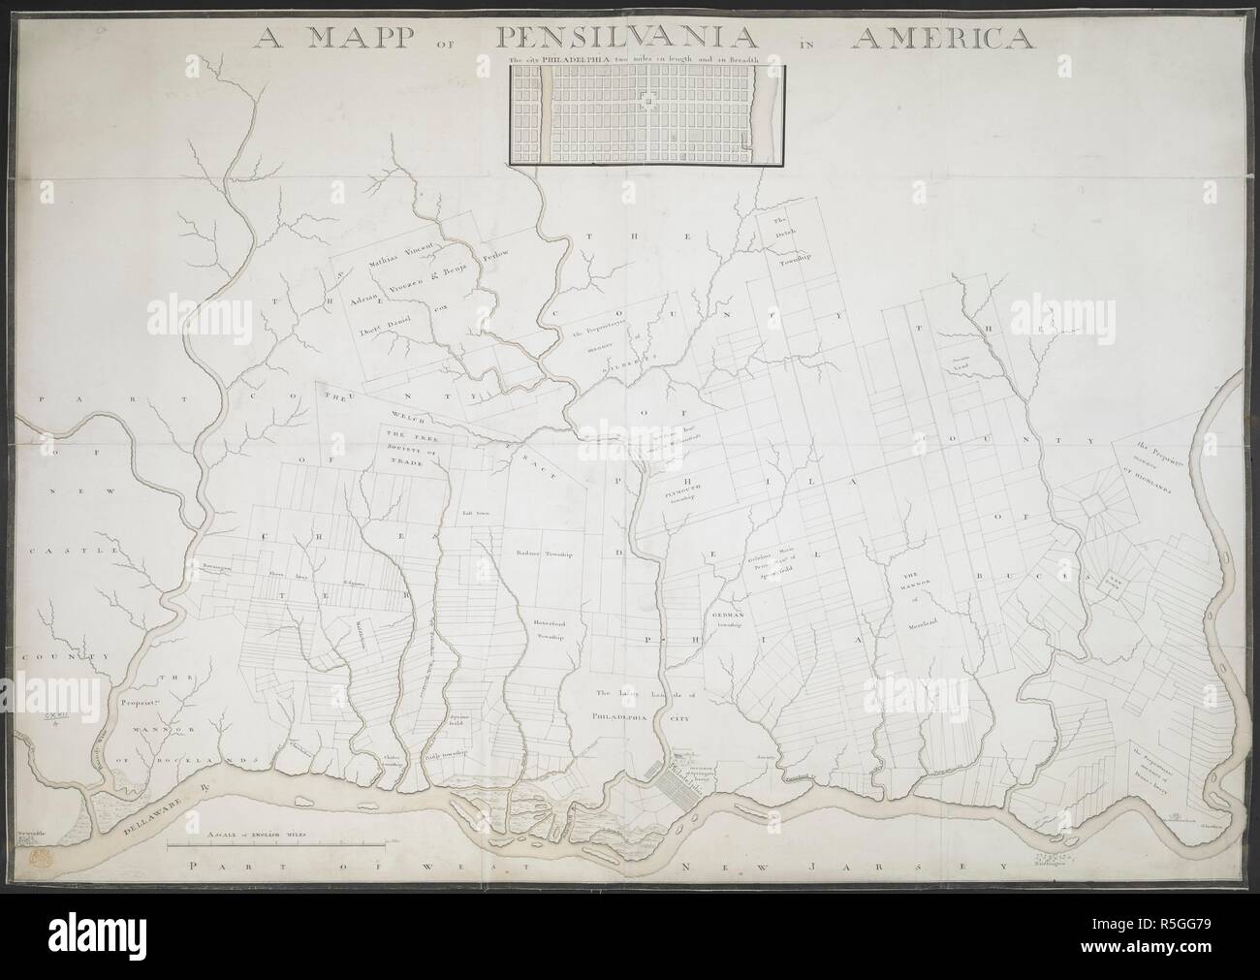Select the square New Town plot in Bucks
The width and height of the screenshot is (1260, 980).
tap(1117, 585)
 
